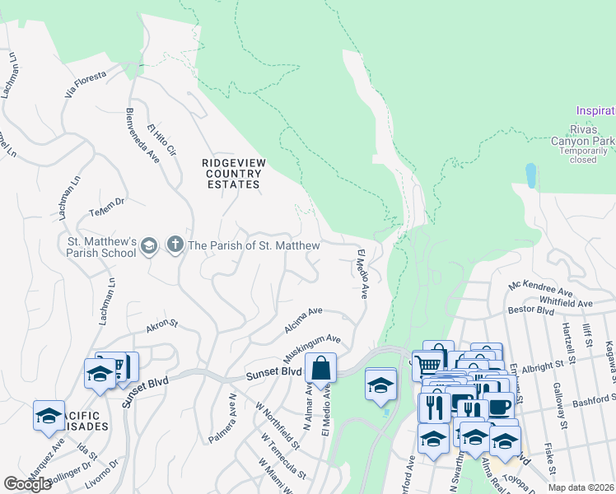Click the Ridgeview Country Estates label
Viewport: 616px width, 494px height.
[x=234, y=174]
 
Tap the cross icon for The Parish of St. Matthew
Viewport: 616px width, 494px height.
[x=174, y=245]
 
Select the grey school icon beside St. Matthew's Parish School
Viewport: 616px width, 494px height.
[x=148, y=245]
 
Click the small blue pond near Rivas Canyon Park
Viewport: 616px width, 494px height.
[x=531, y=175]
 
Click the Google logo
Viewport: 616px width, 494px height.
[x=27, y=484]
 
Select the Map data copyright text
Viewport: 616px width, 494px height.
[x=581, y=487]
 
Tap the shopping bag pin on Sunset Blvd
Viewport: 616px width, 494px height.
[x=321, y=368]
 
